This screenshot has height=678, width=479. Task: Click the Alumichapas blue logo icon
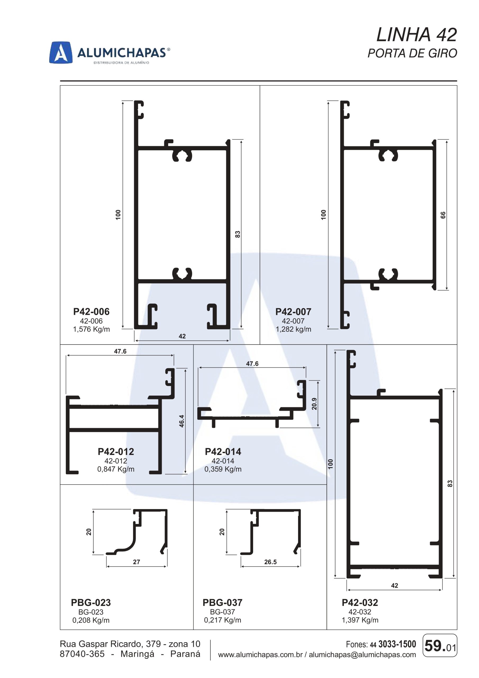[61, 52]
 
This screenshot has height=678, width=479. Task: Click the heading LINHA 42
[417, 35]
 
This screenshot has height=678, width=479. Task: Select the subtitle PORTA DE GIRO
[412, 53]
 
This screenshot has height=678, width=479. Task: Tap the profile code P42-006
[91, 311]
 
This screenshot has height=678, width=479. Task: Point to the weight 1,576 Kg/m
[92, 329]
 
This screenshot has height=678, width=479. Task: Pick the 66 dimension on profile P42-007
[443, 215]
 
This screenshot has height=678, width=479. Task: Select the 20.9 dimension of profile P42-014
[314, 404]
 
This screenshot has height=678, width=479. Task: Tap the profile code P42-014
[223, 452]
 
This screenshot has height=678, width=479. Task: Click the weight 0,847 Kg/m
[116, 469]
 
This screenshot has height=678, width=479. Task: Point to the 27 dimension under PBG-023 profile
[136, 562]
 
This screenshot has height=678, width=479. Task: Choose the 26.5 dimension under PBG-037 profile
[271, 562]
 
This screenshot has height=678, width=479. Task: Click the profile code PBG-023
[91, 603]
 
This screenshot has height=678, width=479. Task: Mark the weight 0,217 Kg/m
[222, 620]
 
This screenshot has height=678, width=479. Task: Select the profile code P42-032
[360, 603]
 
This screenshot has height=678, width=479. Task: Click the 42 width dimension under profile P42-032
[394, 586]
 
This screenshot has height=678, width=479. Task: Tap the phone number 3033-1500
[397, 644]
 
